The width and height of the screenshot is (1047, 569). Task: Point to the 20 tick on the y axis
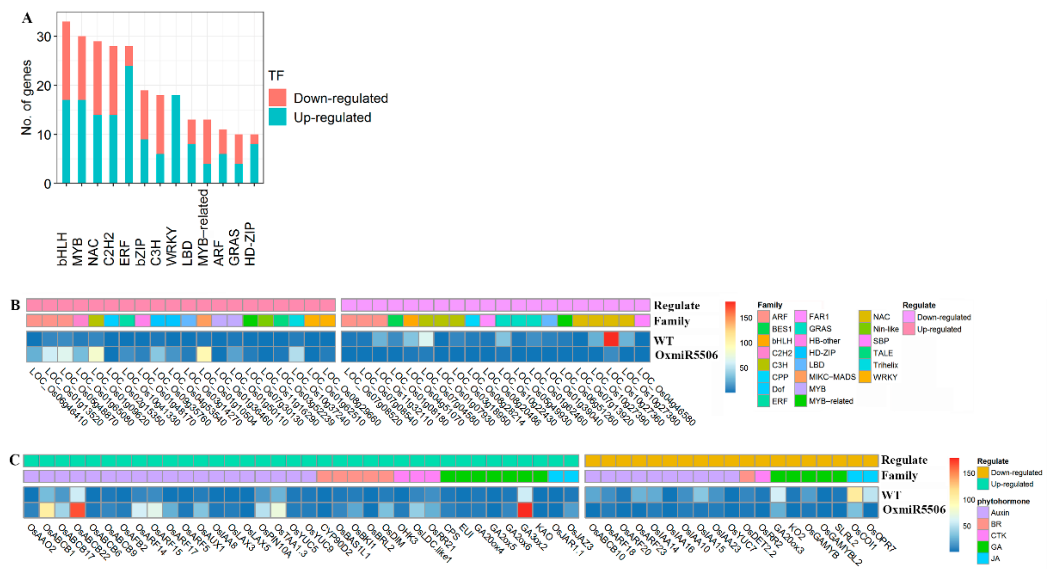[x=44, y=86]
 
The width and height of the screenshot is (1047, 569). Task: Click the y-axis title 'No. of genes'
[x=27, y=98]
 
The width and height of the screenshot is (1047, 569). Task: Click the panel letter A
[x=27, y=18]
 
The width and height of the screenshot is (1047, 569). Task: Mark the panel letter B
[x=15, y=305]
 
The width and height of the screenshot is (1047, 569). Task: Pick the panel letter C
[x=15, y=460]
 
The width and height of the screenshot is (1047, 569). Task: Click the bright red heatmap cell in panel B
[x=611, y=339]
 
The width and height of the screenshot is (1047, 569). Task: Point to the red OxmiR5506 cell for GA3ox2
[x=525, y=510]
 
